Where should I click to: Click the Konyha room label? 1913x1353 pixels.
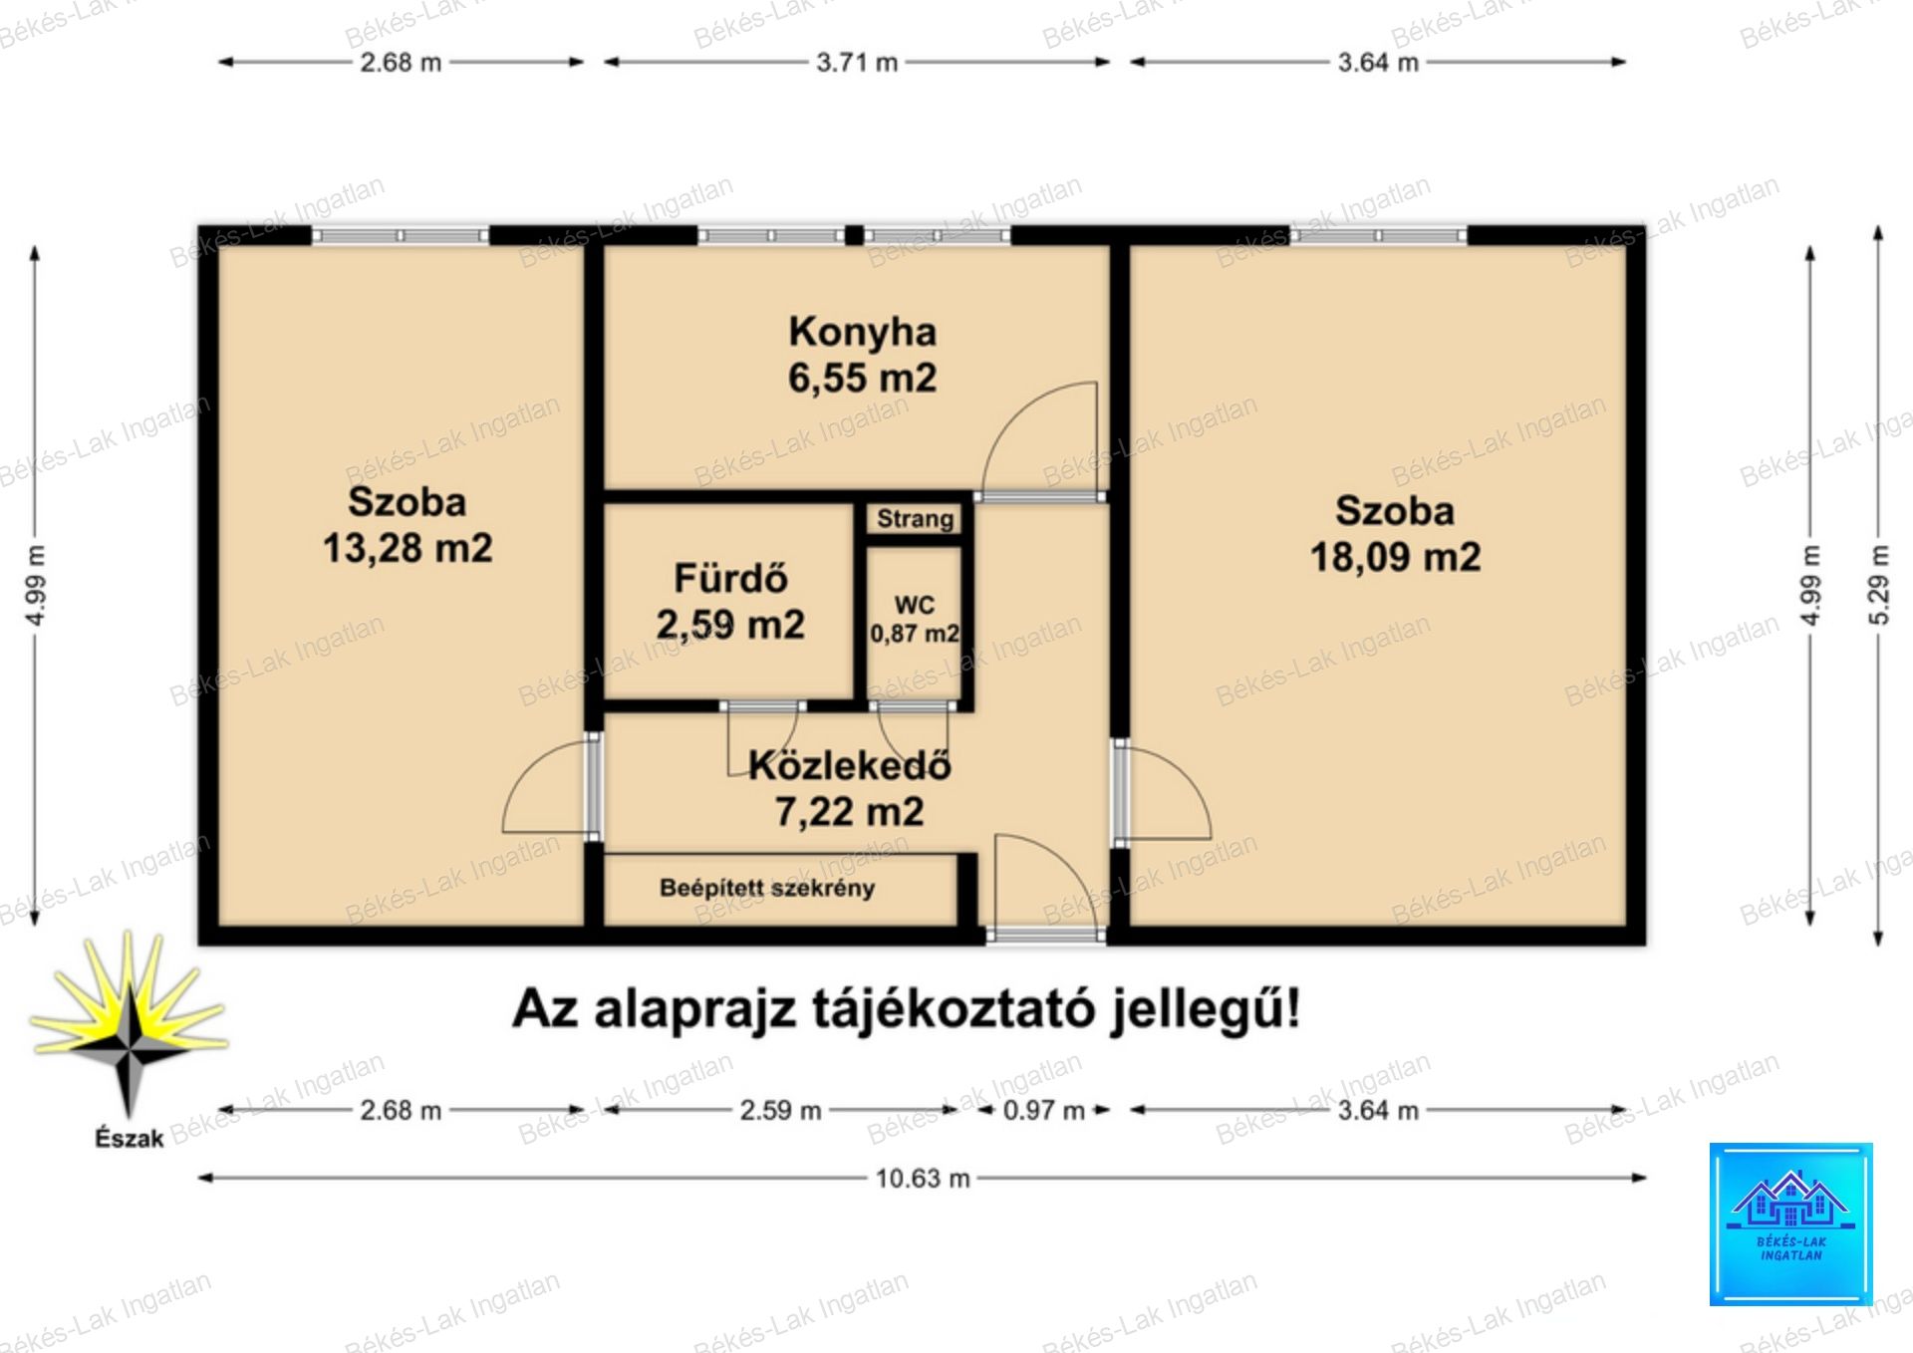(862, 332)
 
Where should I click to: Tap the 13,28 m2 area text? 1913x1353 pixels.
(408, 548)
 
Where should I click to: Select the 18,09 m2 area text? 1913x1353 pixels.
(1395, 557)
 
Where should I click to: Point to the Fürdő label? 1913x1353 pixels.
(730, 578)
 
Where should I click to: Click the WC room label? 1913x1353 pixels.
(915, 605)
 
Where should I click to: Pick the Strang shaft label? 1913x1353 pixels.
(915, 519)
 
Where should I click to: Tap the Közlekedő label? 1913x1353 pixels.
(849, 765)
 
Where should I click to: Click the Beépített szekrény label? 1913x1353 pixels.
(767, 888)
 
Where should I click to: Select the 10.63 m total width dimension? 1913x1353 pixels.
(923, 1179)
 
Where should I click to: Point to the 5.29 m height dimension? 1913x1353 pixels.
(1878, 585)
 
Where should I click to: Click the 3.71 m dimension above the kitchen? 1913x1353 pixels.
(857, 62)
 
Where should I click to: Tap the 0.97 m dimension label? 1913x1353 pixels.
(1043, 1110)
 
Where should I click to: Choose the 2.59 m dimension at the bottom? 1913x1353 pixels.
(780, 1110)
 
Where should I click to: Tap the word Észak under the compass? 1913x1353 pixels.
(129, 1138)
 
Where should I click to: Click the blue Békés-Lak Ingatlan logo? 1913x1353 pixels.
(1790, 1223)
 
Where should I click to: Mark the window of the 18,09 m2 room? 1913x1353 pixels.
(1378, 235)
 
